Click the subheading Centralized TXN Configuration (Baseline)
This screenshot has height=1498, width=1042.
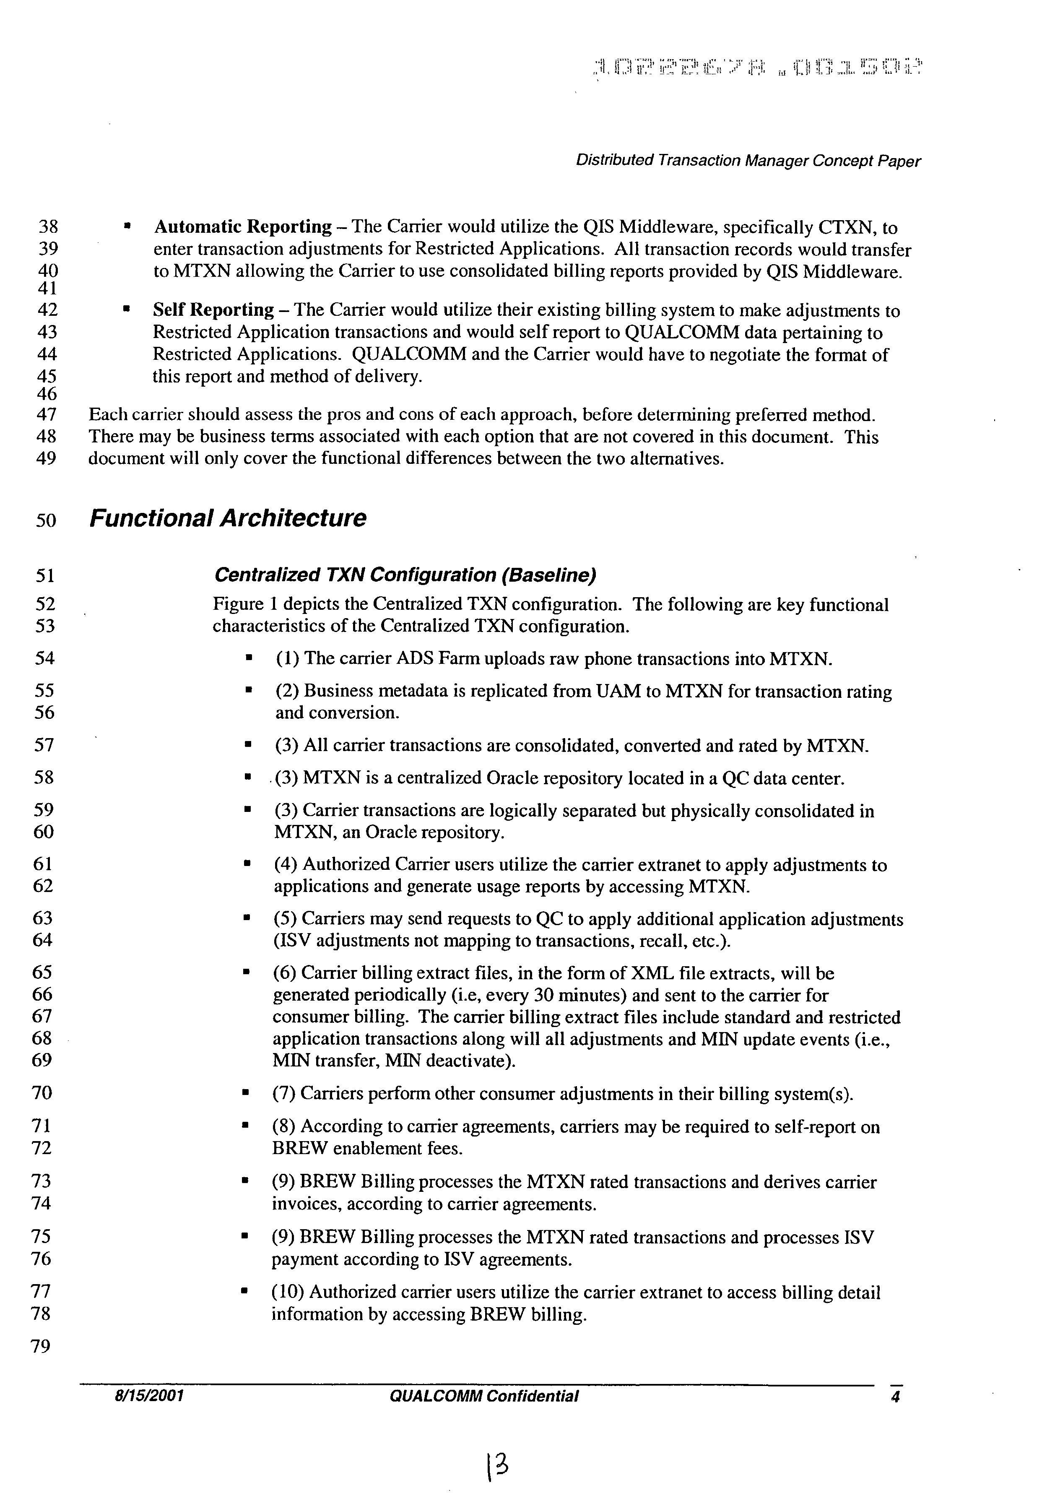point(405,575)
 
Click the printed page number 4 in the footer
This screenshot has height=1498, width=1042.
point(895,1396)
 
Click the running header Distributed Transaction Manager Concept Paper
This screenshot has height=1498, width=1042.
point(748,161)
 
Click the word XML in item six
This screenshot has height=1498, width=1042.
point(652,973)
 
